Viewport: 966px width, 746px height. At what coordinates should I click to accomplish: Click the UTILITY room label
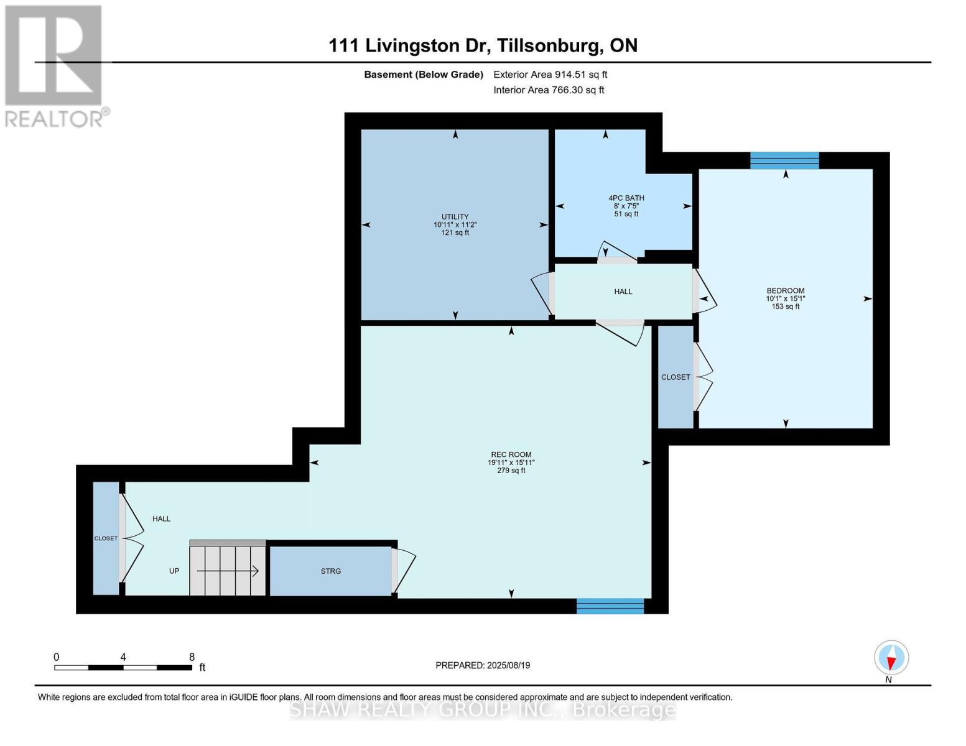pyautogui.click(x=455, y=217)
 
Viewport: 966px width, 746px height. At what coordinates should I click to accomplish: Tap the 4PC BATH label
pyautogui.click(x=626, y=198)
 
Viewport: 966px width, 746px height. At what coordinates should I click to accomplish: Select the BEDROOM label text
pyautogui.click(x=785, y=291)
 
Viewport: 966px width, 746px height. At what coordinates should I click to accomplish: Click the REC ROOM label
pyautogui.click(x=511, y=454)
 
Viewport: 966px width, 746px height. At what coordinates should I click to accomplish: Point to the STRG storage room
pyautogui.click(x=330, y=571)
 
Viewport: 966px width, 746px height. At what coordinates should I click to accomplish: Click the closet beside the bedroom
pyautogui.click(x=676, y=377)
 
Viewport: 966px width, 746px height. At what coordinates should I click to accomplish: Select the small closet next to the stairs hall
pyautogui.click(x=106, y=538)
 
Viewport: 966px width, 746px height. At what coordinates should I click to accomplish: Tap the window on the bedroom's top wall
pyautogui.click(x=784, y=160)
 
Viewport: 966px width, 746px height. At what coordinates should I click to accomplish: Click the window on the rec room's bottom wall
pyautogui.click(x=610, y=606)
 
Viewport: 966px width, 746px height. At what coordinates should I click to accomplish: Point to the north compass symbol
pyautogui.click(x=891, y=658)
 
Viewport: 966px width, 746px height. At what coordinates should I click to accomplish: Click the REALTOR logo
pyautogui.click(x=55, y=65)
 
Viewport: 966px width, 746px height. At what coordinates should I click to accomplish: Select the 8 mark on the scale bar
pyautogui.click(x=192, y=657)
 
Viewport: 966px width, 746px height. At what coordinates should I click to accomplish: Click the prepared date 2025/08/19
pyautogui.click(x=508, y=665)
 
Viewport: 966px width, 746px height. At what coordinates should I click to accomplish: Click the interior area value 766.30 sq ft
pyautogui.click(x=578, y=90)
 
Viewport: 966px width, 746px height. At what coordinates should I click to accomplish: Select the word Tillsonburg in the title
pyautogui.click(x=549, y=45)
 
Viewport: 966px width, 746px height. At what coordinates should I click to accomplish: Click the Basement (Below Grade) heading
pyautogui.click(x=424, y=75)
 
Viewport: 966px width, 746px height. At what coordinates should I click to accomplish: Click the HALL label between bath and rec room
pyautogui.click(x=623, y=292)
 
